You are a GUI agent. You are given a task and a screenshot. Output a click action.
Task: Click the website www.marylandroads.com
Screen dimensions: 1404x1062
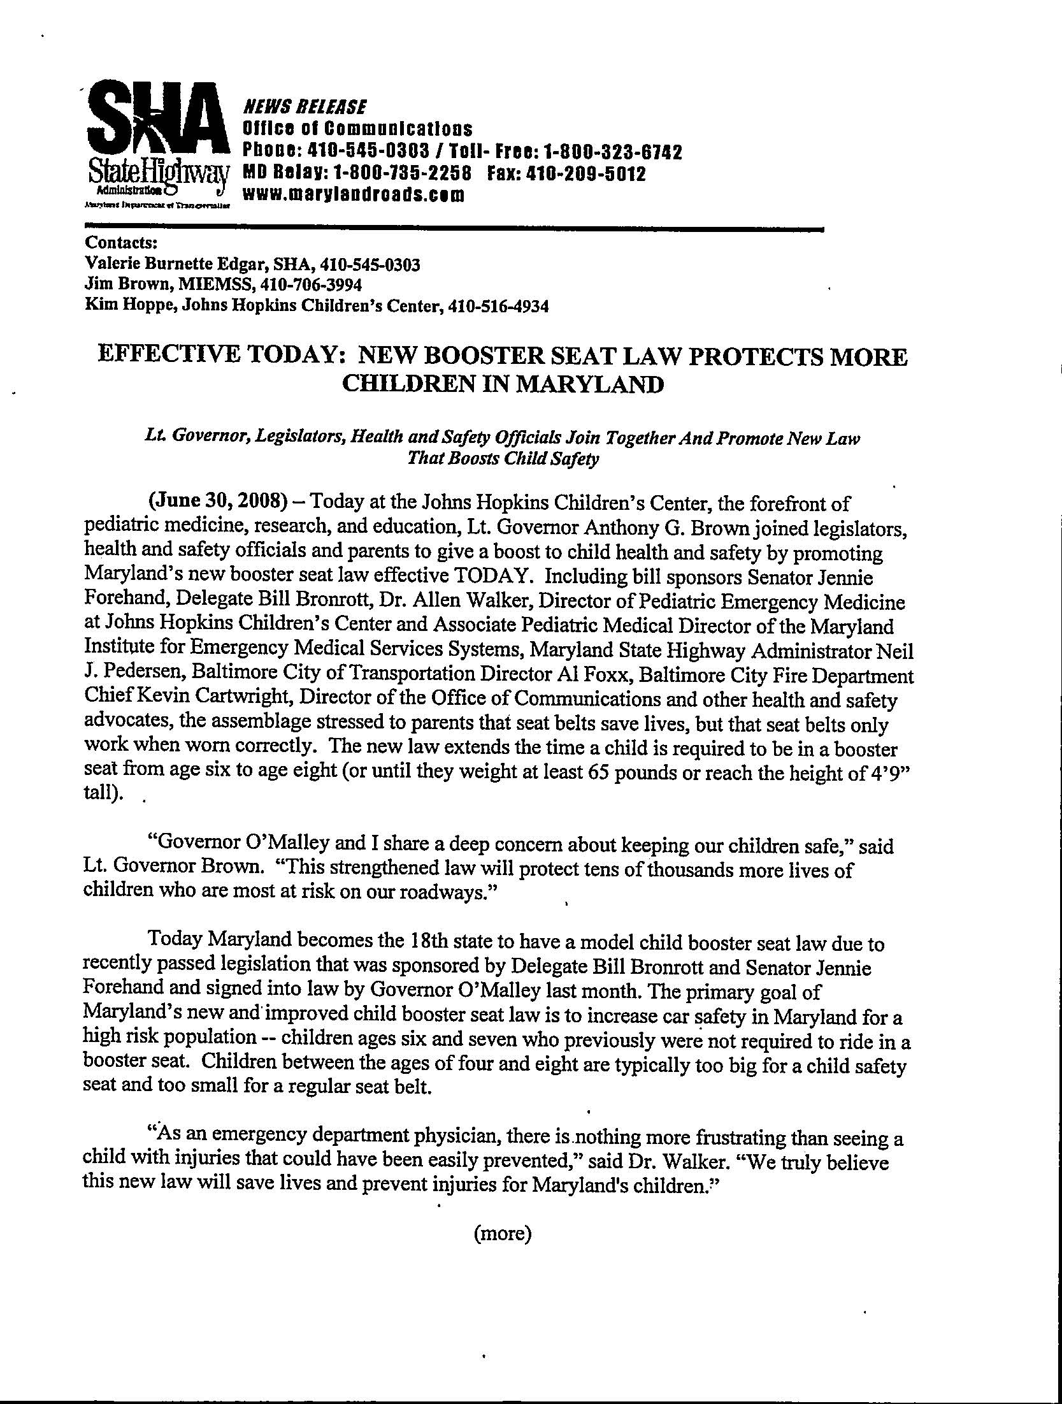click(x=354, y=194)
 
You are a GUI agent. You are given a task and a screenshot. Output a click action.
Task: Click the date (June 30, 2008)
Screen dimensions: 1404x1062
click(x=216, y=502)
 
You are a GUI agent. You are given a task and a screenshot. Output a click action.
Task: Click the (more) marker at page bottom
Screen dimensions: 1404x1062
click(x=503, y=1234)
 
